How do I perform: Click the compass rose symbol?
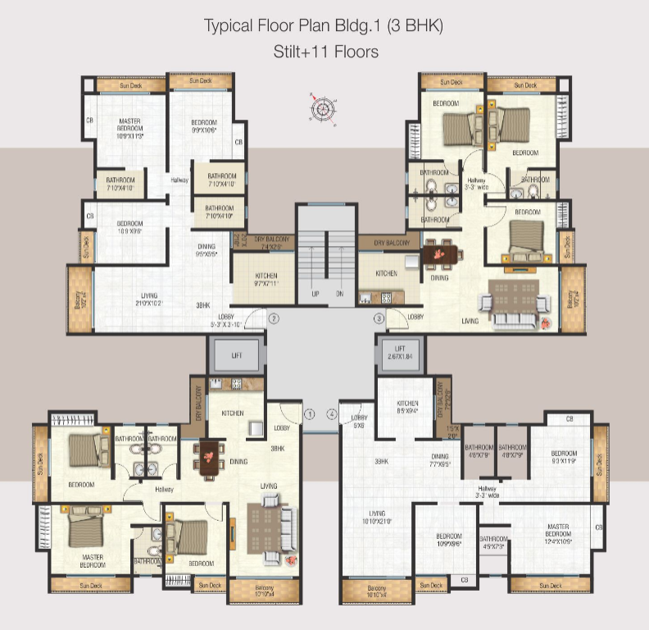324,107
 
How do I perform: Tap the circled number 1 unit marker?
310,414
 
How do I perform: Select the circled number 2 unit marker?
275,317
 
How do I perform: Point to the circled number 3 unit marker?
379,317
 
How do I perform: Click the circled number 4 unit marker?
332,414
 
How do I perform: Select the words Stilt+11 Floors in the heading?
326,52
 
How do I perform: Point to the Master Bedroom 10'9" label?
129,128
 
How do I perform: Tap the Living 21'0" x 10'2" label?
148,299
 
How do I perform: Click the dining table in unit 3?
441,255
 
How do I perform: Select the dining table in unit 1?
211,456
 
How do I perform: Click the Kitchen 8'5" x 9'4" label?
407,408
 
